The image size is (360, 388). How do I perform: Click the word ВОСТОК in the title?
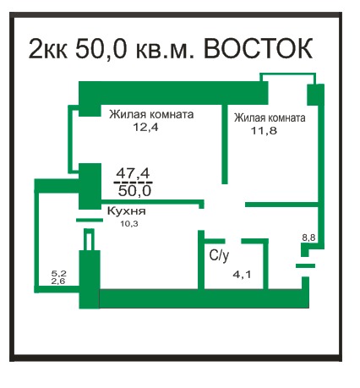(258, 48)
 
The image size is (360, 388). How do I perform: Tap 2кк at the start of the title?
(48, 48)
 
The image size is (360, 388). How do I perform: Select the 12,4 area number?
(145, 127)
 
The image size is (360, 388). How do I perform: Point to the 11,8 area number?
(264, 130)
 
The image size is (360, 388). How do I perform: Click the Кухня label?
(127, 211)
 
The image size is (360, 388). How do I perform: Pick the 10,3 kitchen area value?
(129, 224)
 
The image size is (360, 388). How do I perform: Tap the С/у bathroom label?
(219, 255)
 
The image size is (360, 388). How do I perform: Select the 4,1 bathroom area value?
(242, 274)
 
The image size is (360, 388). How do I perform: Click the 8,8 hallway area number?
(308, 238)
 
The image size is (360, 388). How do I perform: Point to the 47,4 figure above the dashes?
(133, 173)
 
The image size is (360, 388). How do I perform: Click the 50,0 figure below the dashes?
(134, 191)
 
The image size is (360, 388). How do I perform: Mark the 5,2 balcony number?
(58, 273)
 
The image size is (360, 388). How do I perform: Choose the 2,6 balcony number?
(58, 281)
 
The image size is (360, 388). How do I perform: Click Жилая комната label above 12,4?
(151, 114)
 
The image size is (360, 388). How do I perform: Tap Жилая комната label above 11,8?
(270, 117)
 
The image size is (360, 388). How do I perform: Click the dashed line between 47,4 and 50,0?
(133, 183)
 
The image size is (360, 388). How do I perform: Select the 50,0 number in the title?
(101, 48)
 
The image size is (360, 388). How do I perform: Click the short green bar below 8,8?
(305, 265)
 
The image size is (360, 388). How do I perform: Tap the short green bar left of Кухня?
(90, 220)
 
